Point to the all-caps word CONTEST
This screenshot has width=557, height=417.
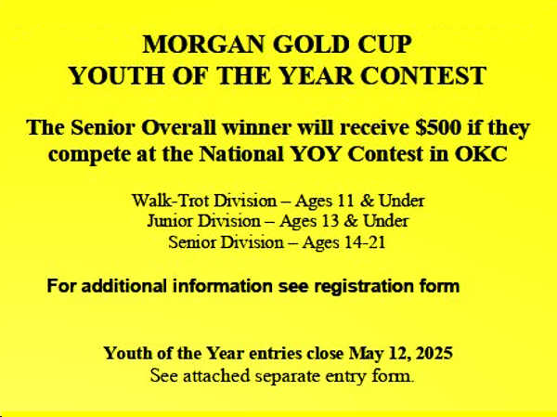[423, 75]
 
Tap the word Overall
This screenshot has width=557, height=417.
[178, 127]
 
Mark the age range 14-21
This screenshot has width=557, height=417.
[364, 242]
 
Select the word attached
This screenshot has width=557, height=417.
[216, 376]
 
